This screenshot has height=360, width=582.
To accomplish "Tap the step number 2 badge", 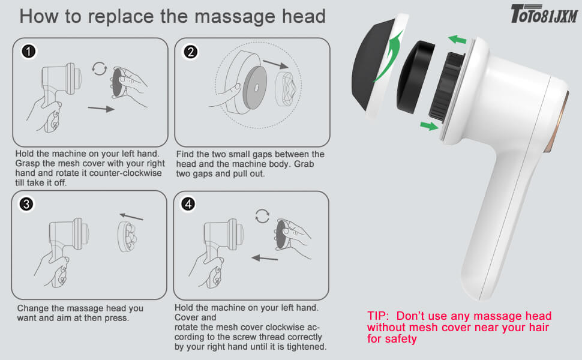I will pos(190,52).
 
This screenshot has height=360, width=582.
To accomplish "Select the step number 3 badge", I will pos(26,204).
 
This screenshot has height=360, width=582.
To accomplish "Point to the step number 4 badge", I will pos(189,205).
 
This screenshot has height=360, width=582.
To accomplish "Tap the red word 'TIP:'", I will pos(380,316).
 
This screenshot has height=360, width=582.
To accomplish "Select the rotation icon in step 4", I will pos(262,215).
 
